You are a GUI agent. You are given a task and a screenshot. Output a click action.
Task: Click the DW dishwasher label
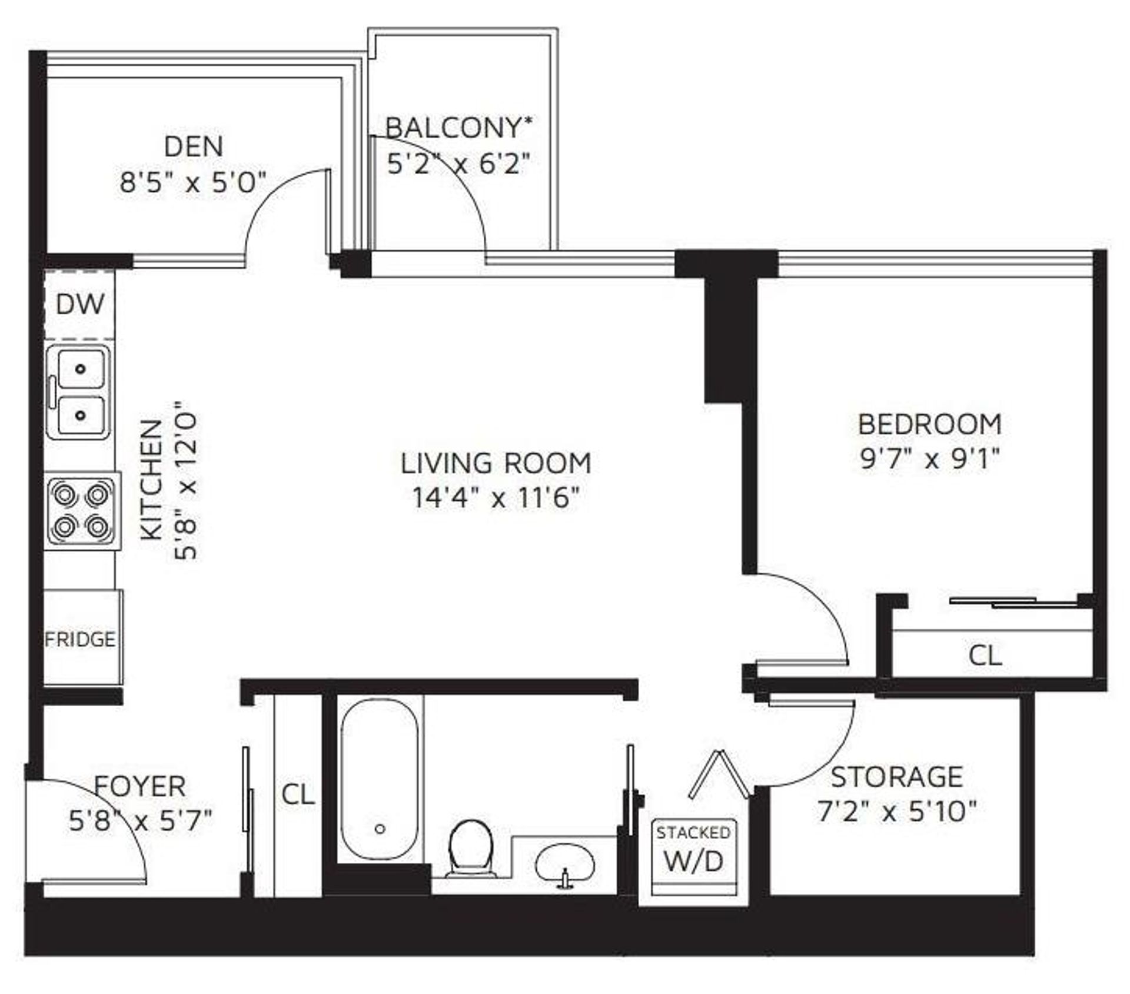click(80, 304)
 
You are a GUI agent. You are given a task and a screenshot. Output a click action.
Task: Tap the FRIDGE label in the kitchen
click(80, 639)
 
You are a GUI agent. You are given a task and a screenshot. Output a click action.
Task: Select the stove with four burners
click(82, 511)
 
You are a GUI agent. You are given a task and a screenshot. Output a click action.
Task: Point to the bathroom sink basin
click(565, 865)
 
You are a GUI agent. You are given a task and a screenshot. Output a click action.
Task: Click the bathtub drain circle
click(380, 829)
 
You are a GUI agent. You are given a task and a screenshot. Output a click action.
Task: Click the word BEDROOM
click(930, 424)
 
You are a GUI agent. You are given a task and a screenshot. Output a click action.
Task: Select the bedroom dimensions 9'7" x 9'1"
click(930, 458)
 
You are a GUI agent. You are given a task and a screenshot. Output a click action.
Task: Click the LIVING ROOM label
click(496, 463)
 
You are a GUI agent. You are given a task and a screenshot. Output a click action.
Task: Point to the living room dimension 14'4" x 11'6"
click(496, 498)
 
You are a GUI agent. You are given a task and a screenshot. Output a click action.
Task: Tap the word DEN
click(194, 147)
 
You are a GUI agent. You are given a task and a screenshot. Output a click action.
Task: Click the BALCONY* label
click(459, 128)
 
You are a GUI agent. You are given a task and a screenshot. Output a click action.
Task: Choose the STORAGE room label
click(897, 777)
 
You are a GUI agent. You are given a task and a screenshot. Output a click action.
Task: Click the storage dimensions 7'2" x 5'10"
click(897, 812)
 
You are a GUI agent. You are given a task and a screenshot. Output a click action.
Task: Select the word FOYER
click(140, 786)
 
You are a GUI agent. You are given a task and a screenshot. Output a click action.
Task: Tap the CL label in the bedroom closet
click(985, 655)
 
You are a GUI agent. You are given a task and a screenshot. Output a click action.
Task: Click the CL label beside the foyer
click(298, 794)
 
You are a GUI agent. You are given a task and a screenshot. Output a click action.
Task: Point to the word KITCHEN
click(151, 480)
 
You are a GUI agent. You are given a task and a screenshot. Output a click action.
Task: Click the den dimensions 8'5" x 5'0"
click(193, 182)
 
